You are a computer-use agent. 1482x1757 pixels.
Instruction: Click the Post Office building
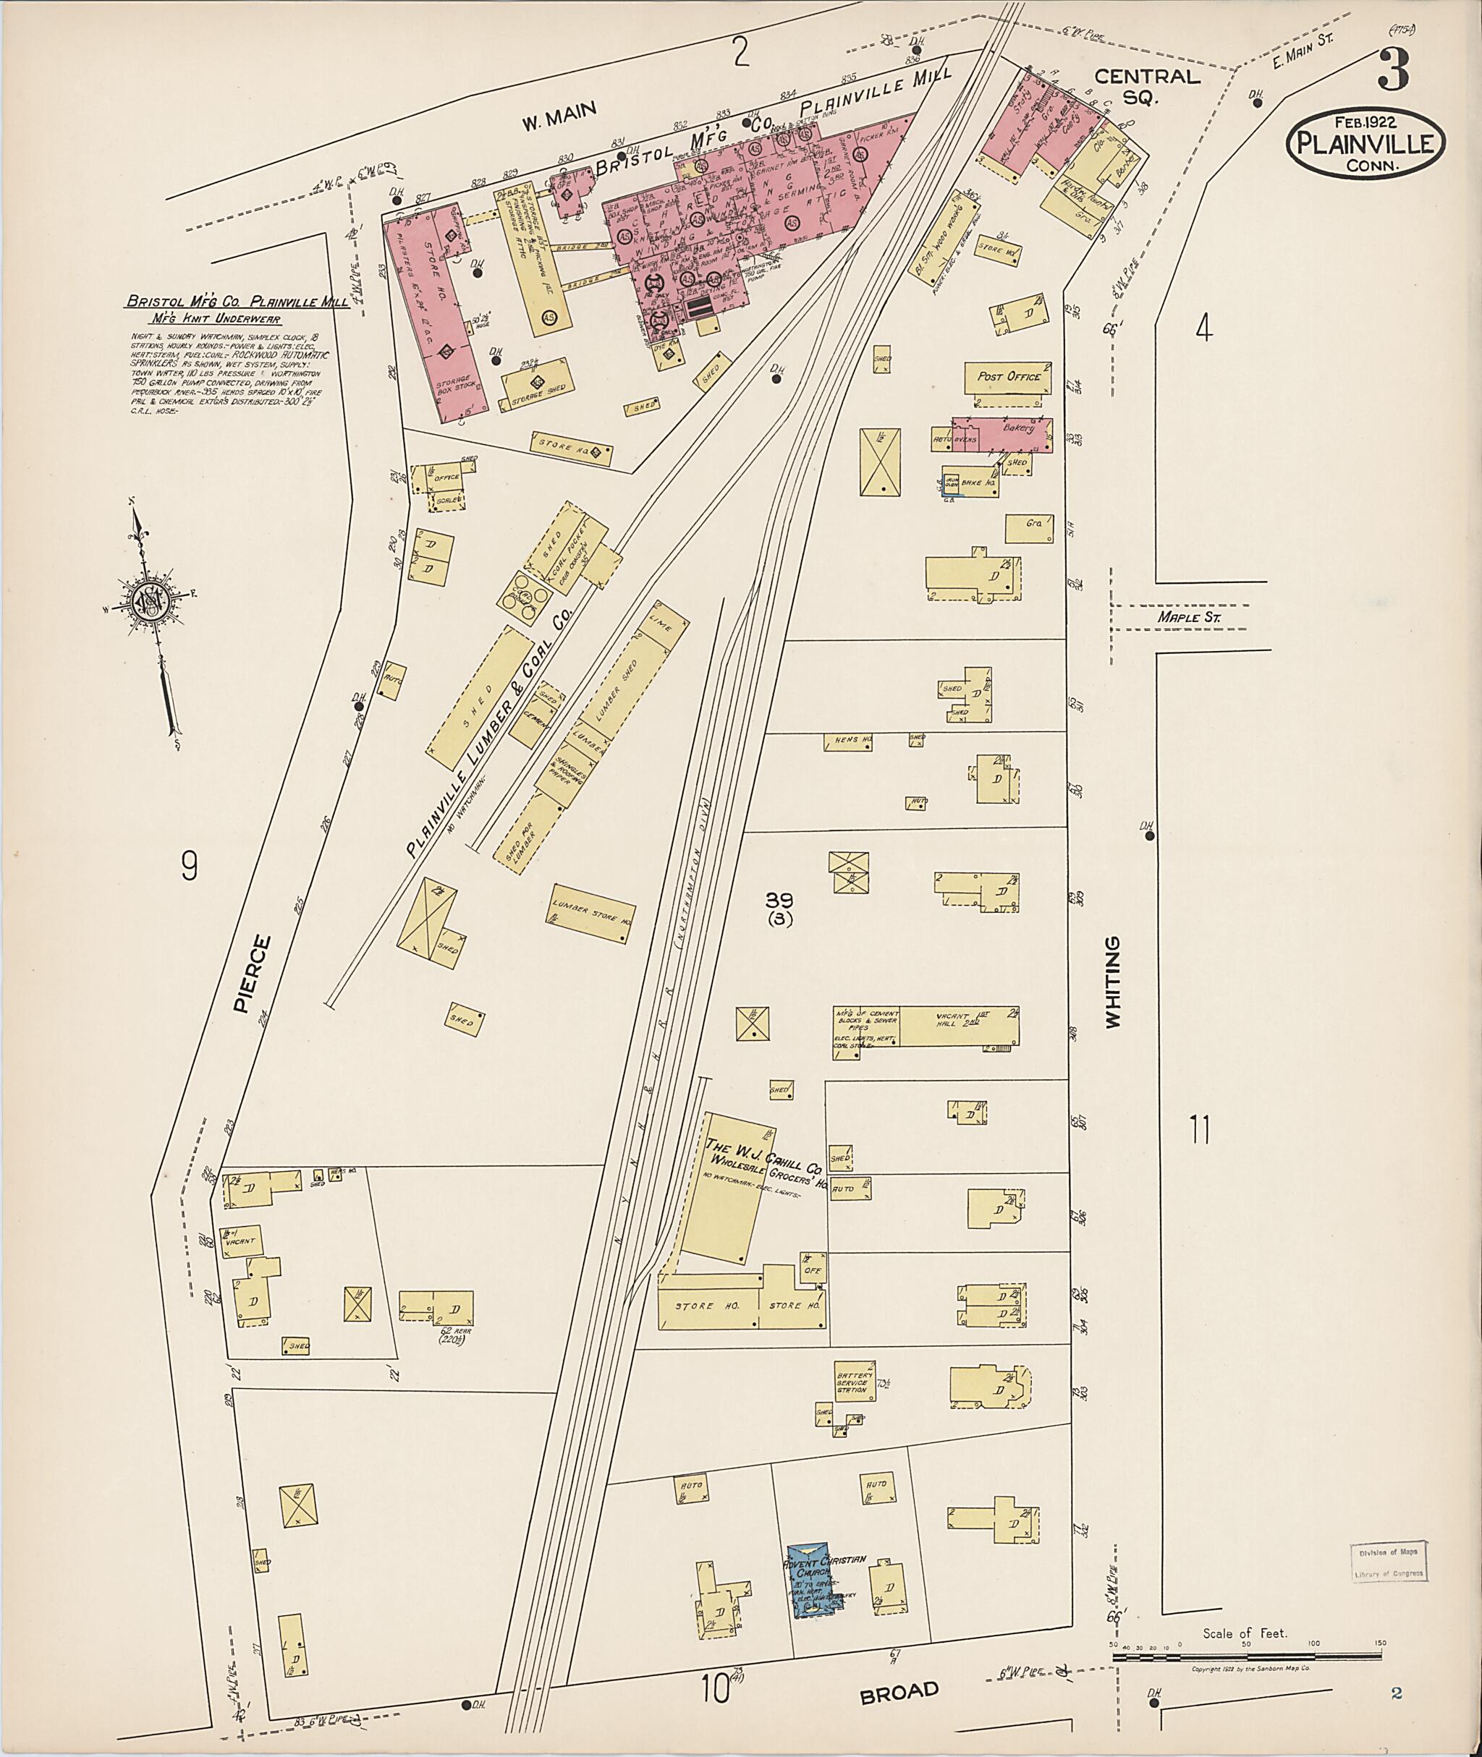point(1009,376)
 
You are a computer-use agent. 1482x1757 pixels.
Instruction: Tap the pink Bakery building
point(1017,429)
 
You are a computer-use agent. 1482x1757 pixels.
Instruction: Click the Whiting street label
point(1112,982)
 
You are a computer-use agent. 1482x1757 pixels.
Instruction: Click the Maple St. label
point(1188,617)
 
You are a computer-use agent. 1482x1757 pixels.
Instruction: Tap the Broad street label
point(898,1690)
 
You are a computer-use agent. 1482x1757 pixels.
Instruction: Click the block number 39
point(778,900)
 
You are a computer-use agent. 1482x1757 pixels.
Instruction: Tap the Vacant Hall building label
point(958,1020)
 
